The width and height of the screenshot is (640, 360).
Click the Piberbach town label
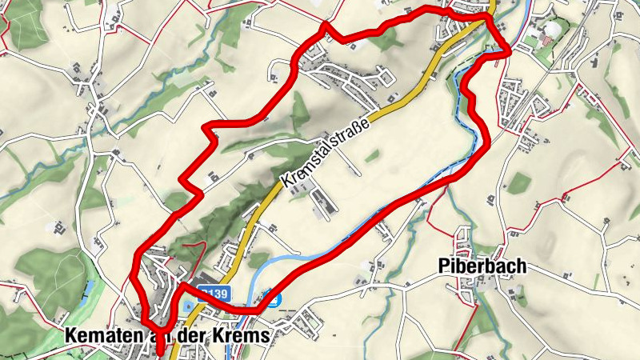coord(482,267)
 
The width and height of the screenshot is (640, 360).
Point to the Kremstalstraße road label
coord(324,152)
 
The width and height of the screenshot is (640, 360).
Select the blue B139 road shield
coord(214,293)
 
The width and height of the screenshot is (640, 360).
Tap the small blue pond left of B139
coord(189,307)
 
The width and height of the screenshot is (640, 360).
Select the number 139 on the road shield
coord(217,293)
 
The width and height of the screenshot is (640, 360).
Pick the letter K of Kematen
coord(66,337)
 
